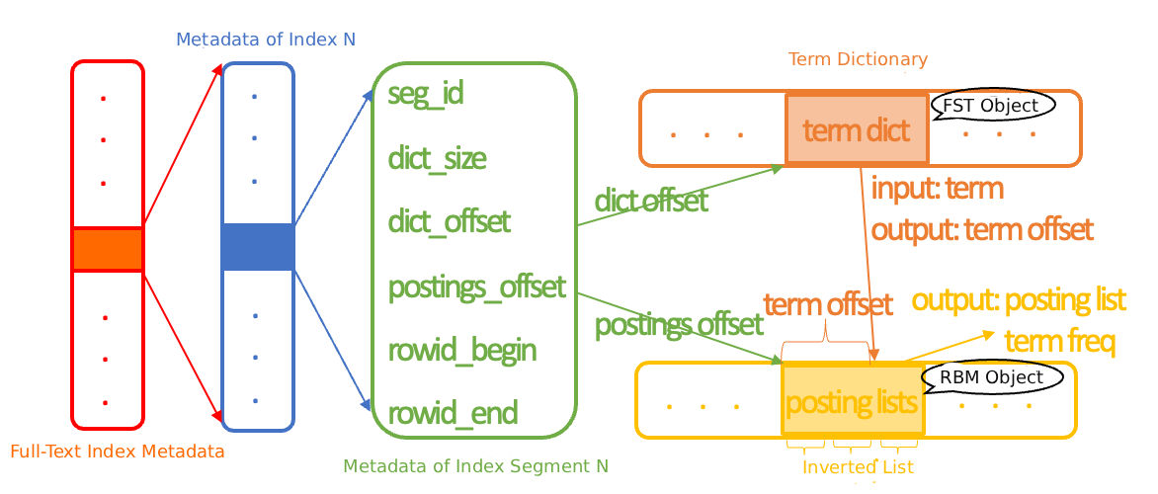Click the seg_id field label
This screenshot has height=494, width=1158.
pos(426,95)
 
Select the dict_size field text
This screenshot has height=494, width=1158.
pos(437,158)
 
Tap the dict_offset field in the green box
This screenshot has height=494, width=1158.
pos(450,221)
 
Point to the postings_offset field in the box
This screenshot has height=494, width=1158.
pos(477,287)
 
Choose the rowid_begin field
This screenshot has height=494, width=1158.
pos(462,350)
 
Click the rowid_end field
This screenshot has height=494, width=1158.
pos(453,413)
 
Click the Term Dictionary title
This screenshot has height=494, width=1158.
pos(858,59)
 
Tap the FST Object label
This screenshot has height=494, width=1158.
pos(990,106)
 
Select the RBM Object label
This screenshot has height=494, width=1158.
pos(990,377)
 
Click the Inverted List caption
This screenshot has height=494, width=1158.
pos(858,466)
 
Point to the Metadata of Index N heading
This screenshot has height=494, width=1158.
pos(266,40)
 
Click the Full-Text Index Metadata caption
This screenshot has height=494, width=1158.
pos(118,452)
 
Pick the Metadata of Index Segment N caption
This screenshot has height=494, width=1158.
pos(475,465)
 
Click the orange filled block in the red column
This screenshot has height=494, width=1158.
pos(108,249)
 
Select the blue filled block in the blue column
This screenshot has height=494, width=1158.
pos(258,247)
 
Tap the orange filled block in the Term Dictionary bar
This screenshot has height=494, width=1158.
pos(857,127)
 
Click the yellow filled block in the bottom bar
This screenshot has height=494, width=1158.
pos(853,399)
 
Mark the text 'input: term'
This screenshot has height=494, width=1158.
pos(937,188)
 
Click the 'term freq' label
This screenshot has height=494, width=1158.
pos(1059,342)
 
